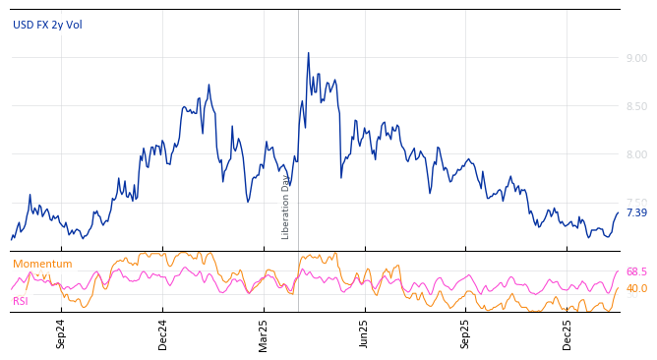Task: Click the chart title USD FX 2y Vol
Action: click(47, 25)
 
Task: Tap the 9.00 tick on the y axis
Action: click(636, 58)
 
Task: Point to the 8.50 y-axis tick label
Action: click(636, 106)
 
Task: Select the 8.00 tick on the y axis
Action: click(636, 154)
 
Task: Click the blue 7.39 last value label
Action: click(636, 212)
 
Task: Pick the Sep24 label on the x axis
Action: click(61, 333)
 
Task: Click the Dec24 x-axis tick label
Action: click(163, 333)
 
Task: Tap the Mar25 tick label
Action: click(264, 333)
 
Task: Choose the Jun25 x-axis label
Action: click(364, 333)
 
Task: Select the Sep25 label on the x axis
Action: click(466, 333)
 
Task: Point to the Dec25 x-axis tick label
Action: click(567, 333)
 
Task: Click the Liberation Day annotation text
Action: click(286, 207)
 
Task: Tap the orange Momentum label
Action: click(42, 264)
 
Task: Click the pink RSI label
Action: click(21, 301)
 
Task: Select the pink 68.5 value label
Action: click(636, 271)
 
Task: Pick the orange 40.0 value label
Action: click(636, 288)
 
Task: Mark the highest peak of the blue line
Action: click(308, 53)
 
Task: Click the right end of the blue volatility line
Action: click(619, 212)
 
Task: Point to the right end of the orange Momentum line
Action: click(619, 288)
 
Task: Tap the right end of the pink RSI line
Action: click(619, 271)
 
